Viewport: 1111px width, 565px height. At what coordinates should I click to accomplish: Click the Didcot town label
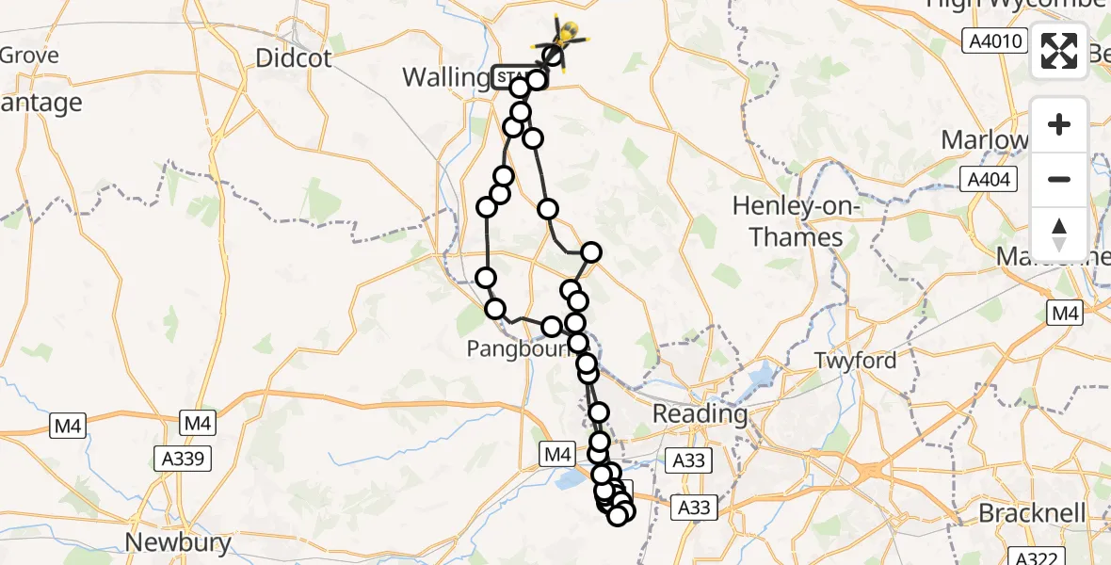pyautogui.click(x=294, y=58)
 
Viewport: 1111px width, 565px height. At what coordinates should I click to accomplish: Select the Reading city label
pyautogui.click(x=700, y=413)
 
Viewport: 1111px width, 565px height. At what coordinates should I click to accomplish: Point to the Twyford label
pyautogui.click(x=854, y=360)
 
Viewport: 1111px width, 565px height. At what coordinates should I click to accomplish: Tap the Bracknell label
pyautogui.click(x=1032, y=514)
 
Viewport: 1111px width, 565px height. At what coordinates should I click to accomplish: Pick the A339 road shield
pyautogui.click(x=183, y=459)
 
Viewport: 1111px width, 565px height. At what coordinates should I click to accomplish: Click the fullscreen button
pyautogui.click(x=1059, y=50)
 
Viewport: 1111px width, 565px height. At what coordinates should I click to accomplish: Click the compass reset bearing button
pyautogui.click(x=1059, y=234)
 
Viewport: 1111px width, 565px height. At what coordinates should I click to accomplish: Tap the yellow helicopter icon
pyautogui.click(x=566, y=36)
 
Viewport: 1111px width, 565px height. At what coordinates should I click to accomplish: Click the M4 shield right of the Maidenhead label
pyautogui.click(x=1066, y=314)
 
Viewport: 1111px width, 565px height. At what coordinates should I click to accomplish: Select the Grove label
pyautogui.click(x=29, y=55)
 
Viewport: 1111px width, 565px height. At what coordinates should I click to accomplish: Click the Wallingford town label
pyautogui.click(x=446, y=76)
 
